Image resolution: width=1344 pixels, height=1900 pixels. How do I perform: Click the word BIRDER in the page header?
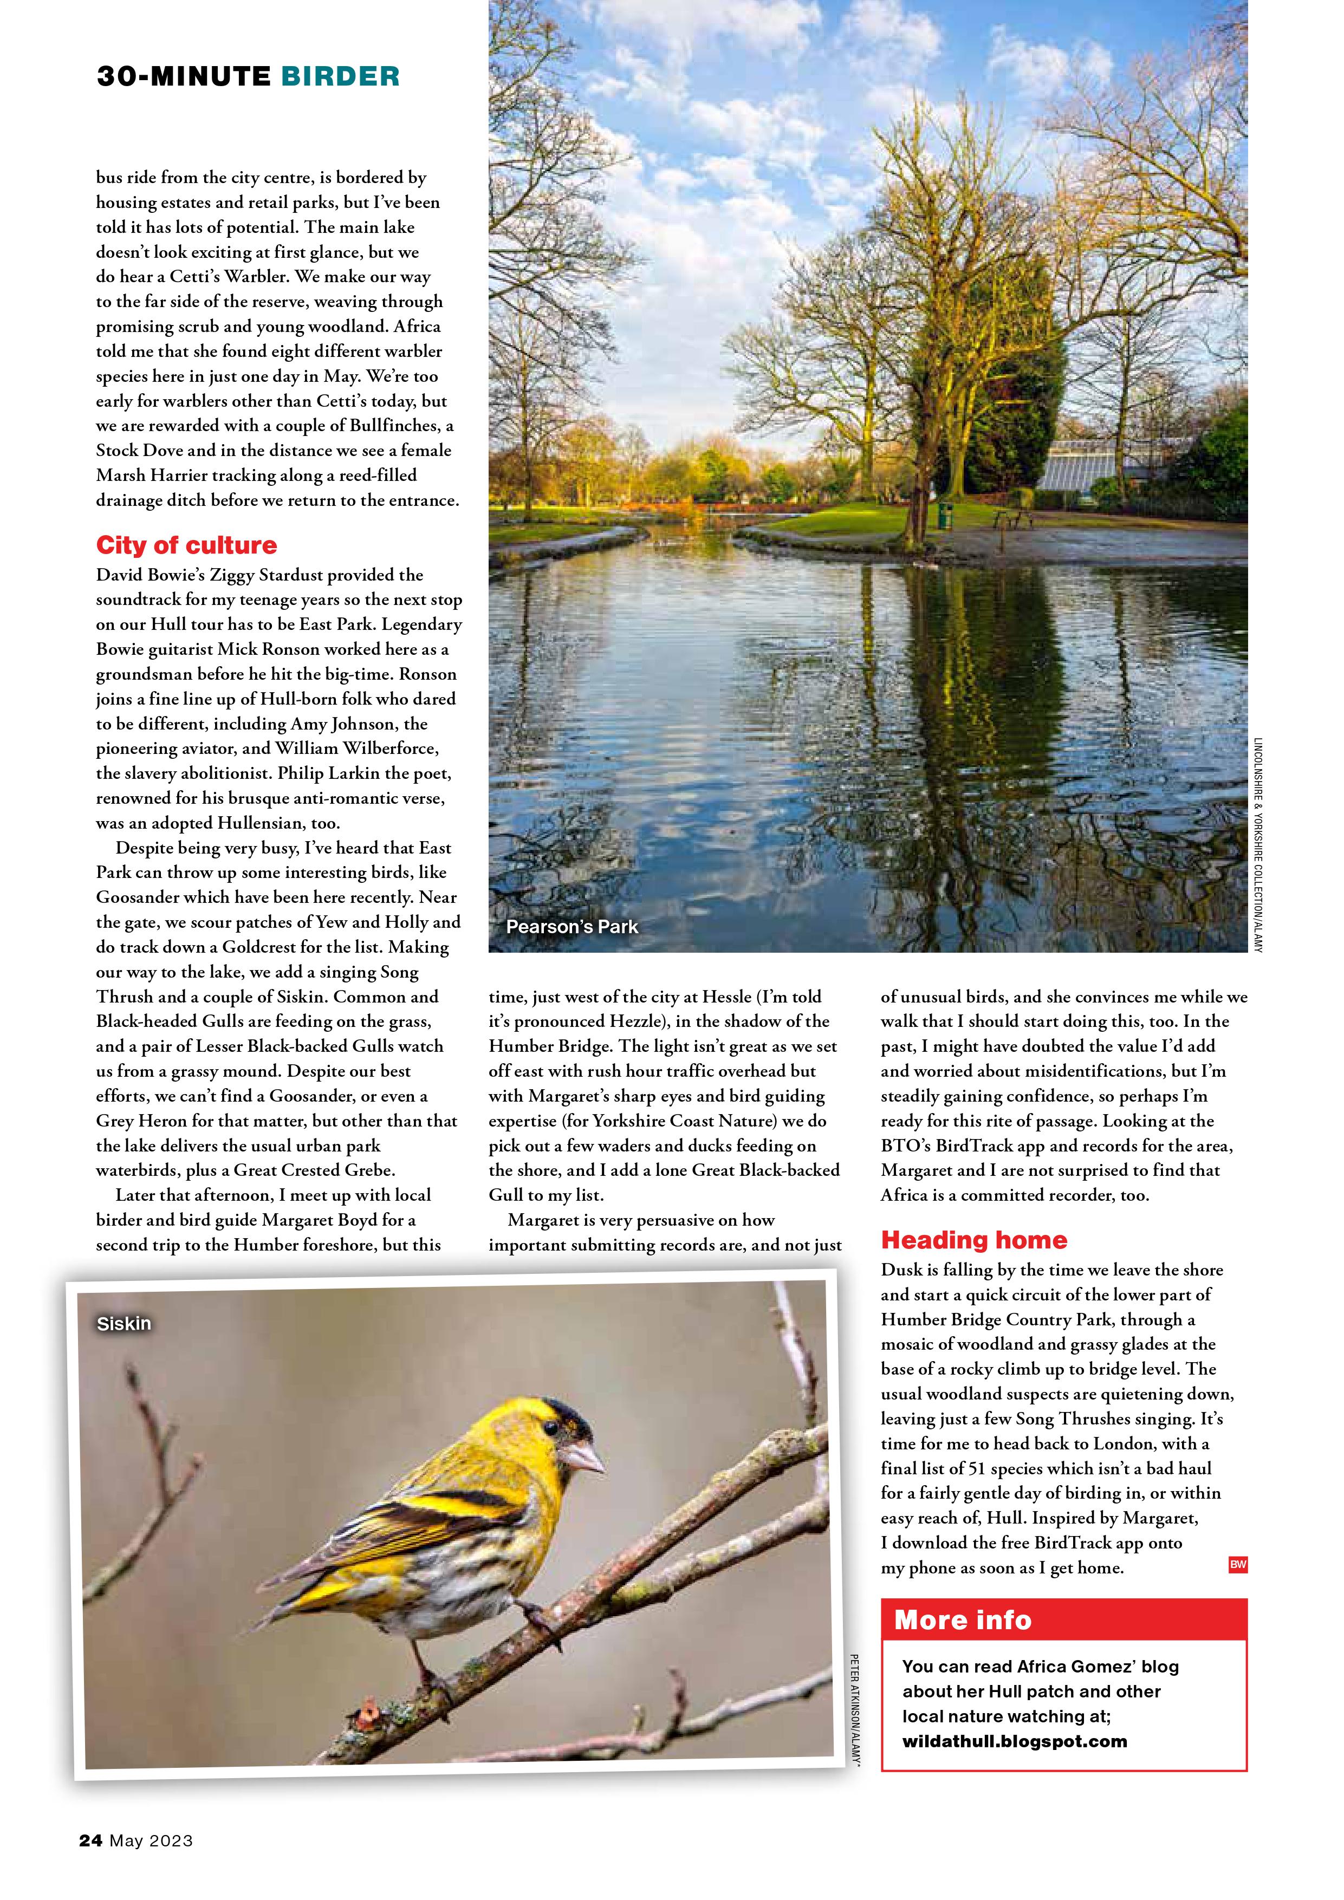340,76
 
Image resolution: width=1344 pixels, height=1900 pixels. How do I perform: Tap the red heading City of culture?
186,545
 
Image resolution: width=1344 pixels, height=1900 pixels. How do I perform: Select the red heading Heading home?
973,1240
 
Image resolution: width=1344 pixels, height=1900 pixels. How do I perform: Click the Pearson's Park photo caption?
572,927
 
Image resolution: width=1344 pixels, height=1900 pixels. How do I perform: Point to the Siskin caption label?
124,1324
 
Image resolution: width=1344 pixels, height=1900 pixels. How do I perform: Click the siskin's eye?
549,1428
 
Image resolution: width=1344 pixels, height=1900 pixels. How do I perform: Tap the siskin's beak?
585,1457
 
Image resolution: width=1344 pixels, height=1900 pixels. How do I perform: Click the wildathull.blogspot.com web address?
1015,1741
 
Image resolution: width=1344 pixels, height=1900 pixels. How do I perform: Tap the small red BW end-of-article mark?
1237,1564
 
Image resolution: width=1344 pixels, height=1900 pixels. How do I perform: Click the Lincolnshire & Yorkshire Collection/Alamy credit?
1257,844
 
